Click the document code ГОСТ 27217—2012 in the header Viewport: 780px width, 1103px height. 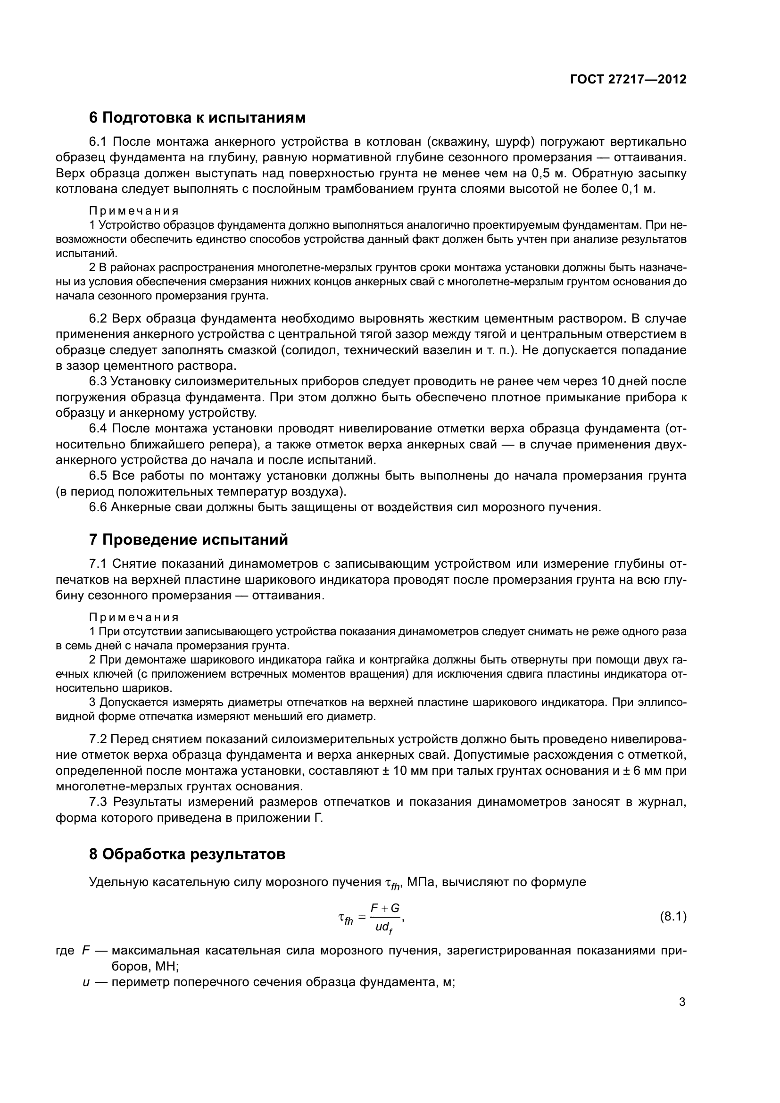pyautogui.click(x=628, y=79)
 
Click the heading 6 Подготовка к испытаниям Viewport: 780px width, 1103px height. pyautogui.click(x=198, y=117)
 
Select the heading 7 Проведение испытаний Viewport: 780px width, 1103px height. pyautogui.click(x=188, y=539)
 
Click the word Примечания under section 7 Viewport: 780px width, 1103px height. pyautogui.click(x=134, y=617)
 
